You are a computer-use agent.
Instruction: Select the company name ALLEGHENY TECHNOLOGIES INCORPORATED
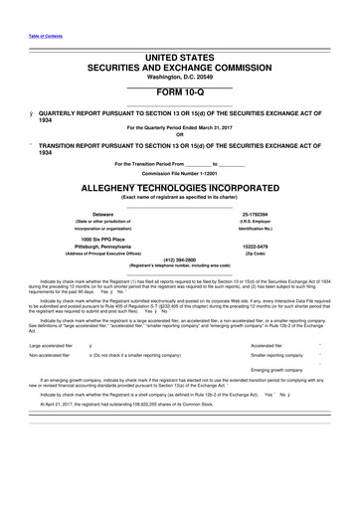179,186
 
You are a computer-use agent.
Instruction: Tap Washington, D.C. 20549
179,48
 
